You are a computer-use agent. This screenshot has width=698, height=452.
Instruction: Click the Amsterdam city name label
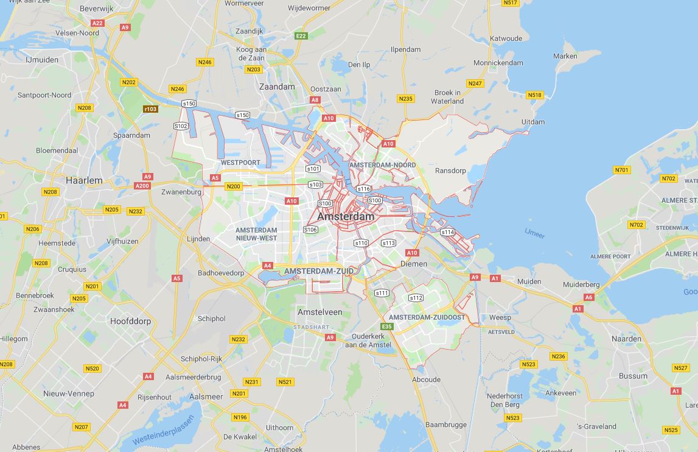346,217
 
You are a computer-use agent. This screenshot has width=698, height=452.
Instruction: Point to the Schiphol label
211,319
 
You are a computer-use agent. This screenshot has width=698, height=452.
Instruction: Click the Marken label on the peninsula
565,56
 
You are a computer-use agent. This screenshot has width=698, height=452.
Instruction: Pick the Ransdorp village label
450,171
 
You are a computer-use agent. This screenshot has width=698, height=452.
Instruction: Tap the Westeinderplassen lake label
163,430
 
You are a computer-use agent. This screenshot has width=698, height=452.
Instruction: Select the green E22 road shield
301,36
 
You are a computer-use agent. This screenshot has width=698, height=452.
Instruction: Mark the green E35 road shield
387,327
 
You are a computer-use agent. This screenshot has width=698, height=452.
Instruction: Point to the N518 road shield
534,95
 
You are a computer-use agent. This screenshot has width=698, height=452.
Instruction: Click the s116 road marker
363,189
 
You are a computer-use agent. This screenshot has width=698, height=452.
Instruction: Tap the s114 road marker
447,232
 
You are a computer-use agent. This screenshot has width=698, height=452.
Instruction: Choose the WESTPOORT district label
240,163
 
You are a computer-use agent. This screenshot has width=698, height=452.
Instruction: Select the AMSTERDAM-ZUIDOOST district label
427,317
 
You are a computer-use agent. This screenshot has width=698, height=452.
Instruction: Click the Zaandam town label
277,87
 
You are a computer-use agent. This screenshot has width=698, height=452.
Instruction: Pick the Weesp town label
500,317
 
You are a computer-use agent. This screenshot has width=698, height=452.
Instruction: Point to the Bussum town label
633,376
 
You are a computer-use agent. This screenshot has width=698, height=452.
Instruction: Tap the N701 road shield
621,170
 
